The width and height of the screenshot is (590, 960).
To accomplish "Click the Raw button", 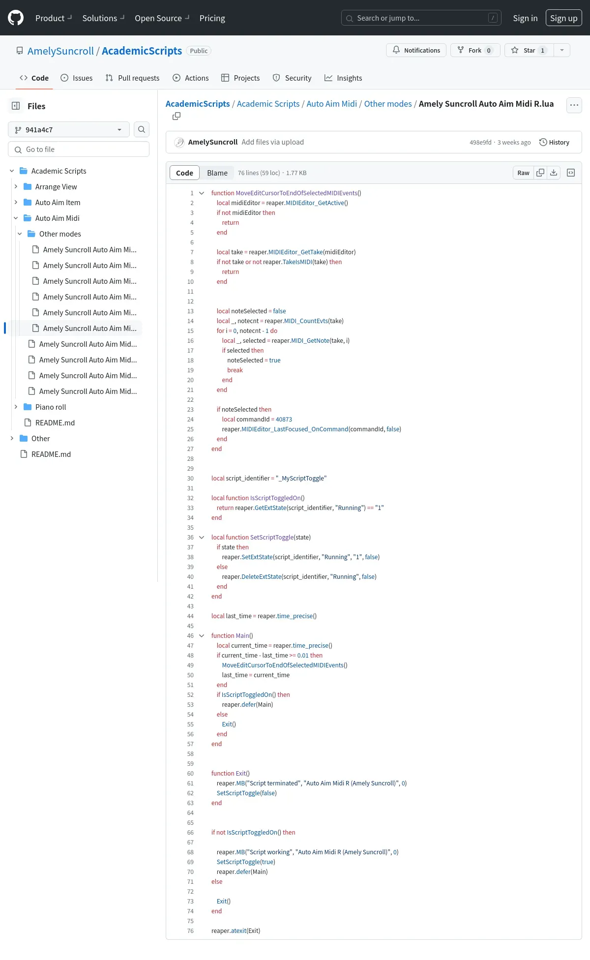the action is point(523,173).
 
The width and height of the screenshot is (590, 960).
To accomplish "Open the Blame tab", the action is point(217,173).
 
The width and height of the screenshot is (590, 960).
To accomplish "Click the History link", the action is point(554,142).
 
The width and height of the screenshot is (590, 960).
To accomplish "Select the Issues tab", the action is point(76,78).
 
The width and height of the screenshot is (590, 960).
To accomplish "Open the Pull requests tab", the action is point(132,78).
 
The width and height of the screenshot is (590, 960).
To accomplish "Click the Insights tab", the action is point(343,78).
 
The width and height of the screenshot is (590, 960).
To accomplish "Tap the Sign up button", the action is point(563,18).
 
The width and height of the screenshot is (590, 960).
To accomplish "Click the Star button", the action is point(529,50).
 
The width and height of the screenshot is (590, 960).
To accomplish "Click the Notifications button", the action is point(416,50).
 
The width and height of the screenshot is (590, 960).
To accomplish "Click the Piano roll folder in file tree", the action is point(51,407).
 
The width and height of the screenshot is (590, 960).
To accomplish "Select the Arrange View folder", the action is point(56,186).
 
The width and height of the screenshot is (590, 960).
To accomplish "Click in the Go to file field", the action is point(79,149).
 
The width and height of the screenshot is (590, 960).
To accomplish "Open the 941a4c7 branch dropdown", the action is point(69,129).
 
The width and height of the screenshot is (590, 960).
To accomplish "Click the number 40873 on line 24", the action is point(284,419).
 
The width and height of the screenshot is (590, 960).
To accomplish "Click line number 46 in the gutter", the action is point(190,635).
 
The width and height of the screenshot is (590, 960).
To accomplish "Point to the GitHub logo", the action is point(16,18).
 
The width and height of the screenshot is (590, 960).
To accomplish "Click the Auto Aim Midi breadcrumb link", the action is point(332,104).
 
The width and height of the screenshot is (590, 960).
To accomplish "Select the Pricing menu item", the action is point(212,18).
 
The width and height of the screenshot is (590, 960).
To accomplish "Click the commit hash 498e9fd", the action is point(480,142).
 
